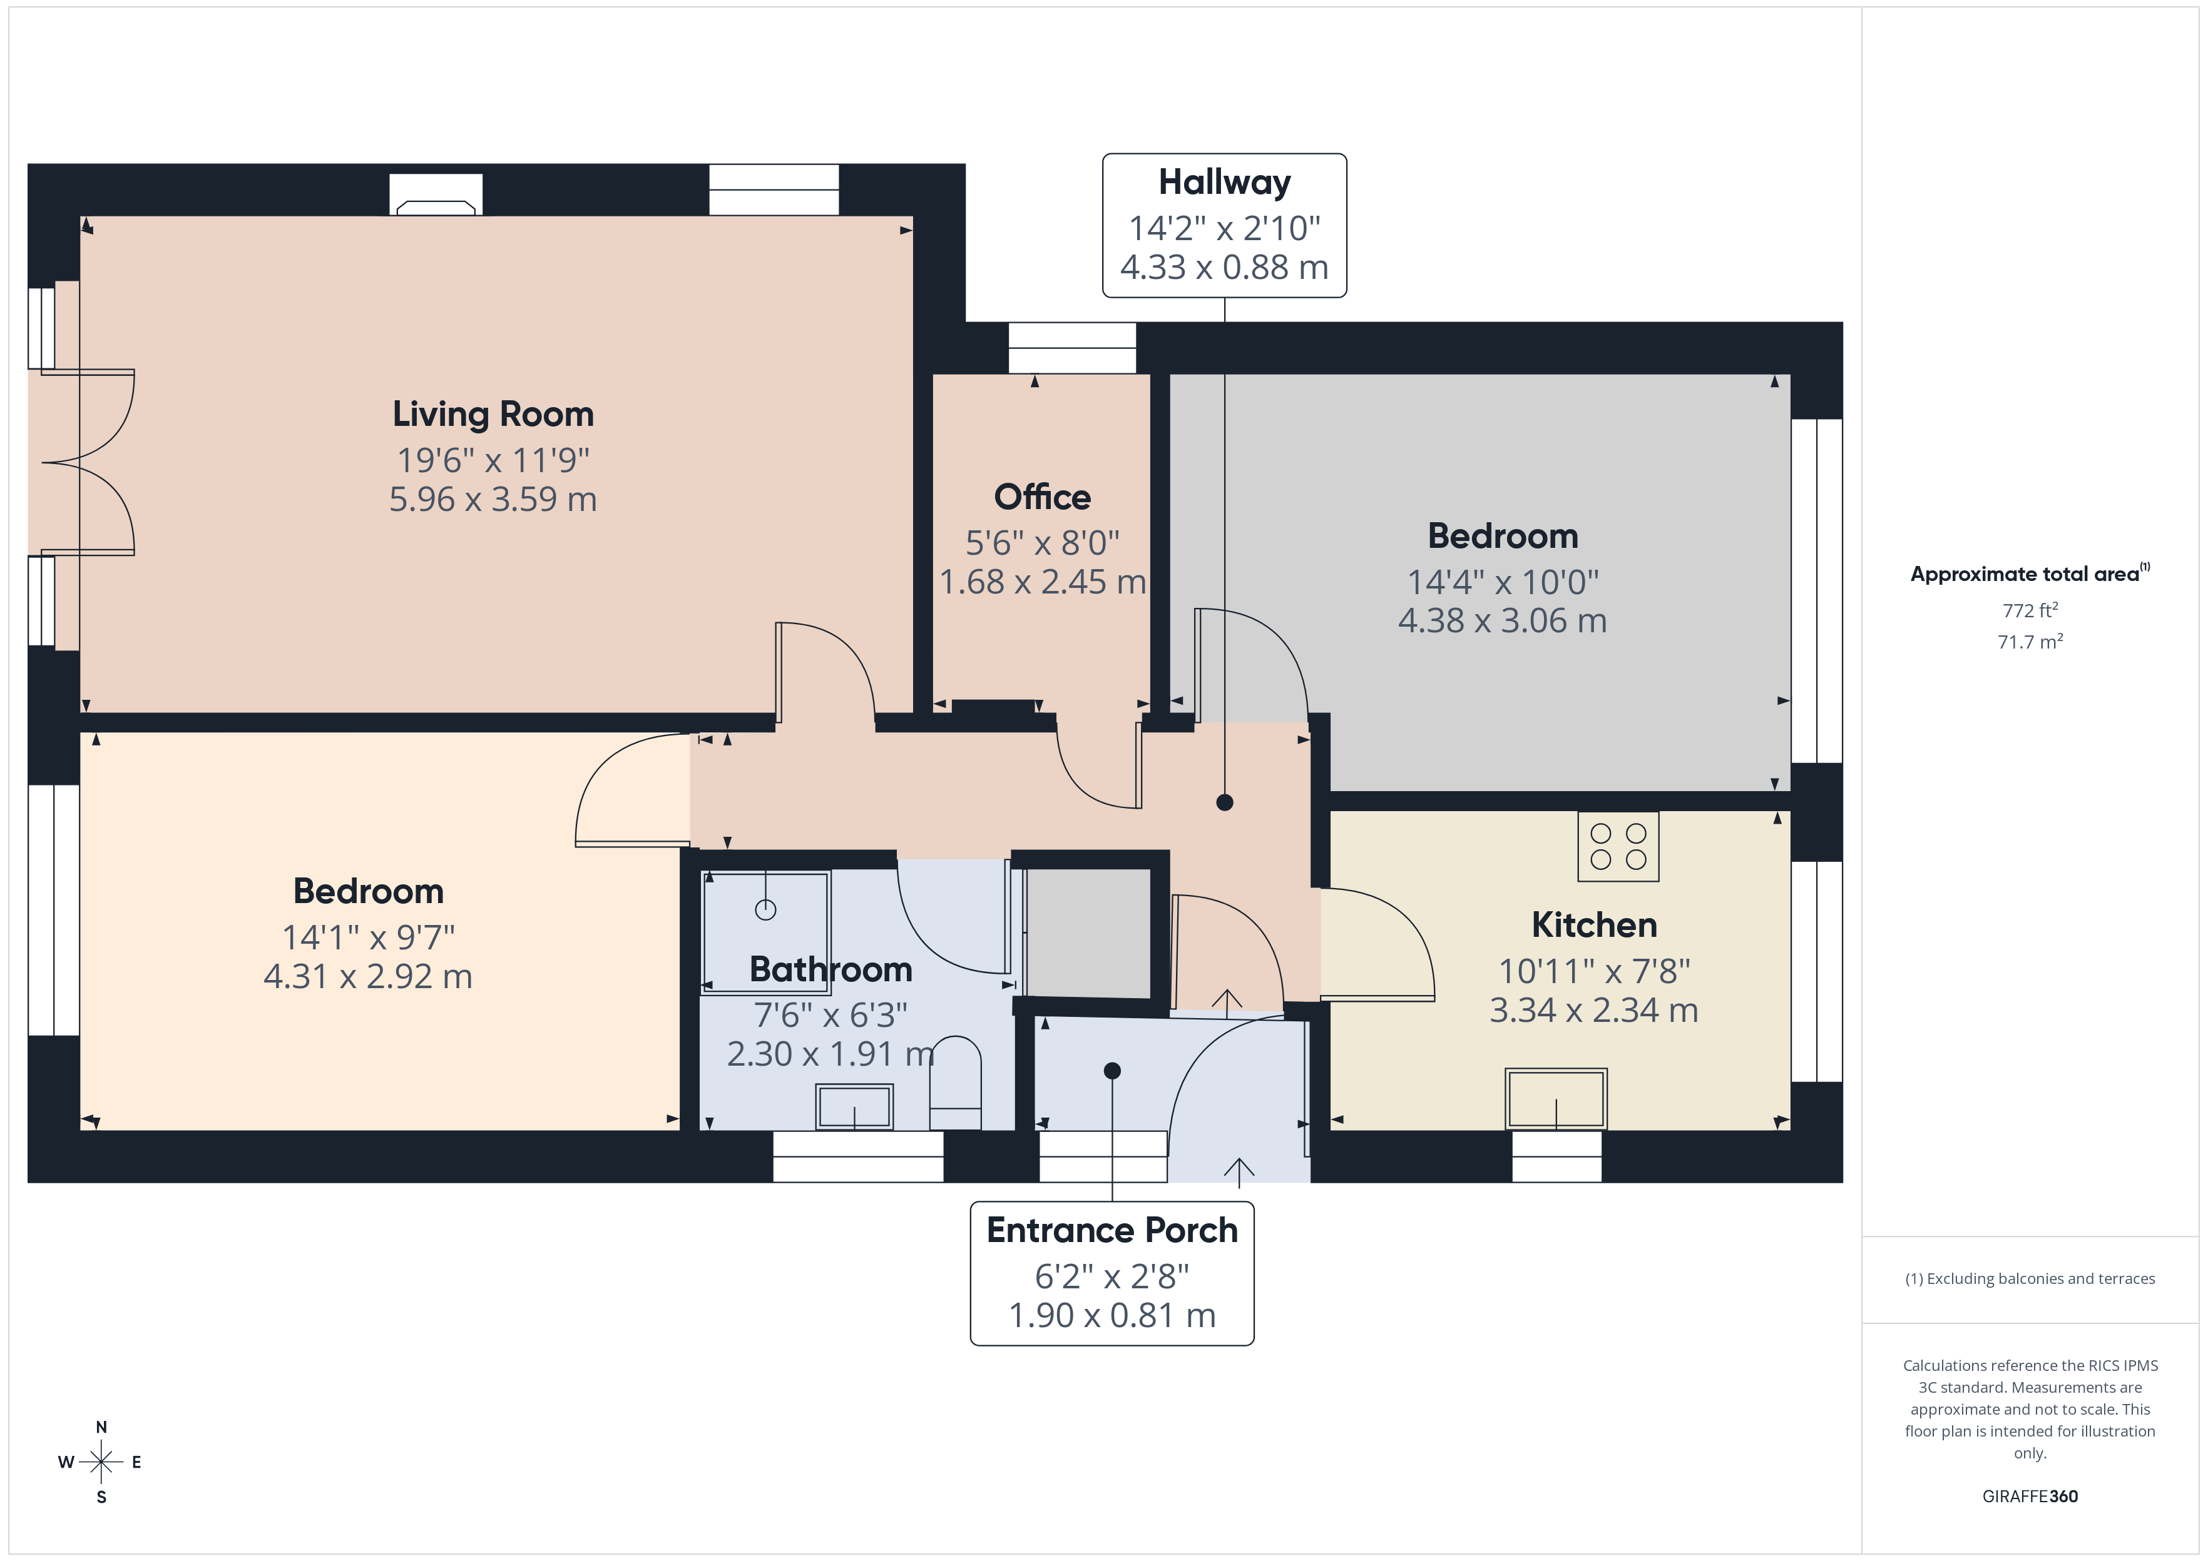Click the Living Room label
(493, 414)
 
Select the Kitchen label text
(1593, 925)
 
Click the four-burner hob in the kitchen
(1618, 847)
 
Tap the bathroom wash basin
(854, 1106)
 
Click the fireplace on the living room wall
(436, 196)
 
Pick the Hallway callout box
(1224, 226)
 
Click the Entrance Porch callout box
(1112, 1273)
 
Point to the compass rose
(101, 1462)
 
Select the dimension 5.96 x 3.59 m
(493, 500)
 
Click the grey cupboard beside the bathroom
(1088, 932)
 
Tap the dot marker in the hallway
(1224, 802)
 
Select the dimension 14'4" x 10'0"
(1502, 582)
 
